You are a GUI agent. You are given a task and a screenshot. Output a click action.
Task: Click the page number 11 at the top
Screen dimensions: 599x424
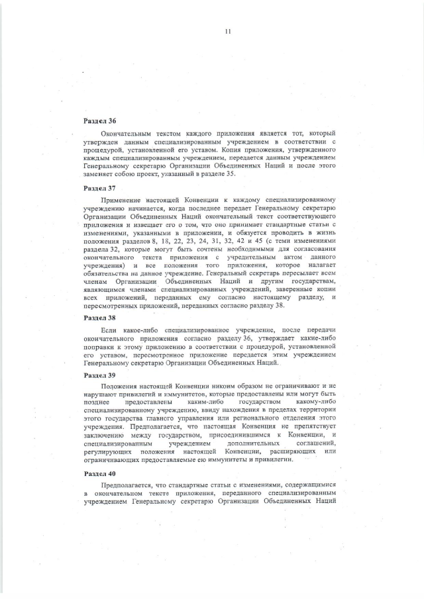(x=227, y=31)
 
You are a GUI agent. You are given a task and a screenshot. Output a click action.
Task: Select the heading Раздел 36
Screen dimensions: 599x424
(x=99, y=122)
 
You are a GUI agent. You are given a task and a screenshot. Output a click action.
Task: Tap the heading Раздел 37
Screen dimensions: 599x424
(x=99, y=188)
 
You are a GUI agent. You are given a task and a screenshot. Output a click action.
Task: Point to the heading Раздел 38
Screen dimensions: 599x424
(x=99, y=318)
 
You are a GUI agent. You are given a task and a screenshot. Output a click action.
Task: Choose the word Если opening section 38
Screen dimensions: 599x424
(x=108, y=330)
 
